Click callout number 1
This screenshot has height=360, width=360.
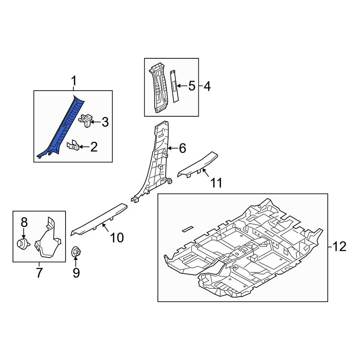(x=73, y=81)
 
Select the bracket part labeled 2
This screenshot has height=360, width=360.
(x=73, y=145)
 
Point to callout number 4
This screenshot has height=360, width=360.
(x=207, y=86)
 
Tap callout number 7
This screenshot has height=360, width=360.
(x=39, y=273)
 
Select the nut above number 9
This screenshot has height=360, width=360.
(x=76, y=252)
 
